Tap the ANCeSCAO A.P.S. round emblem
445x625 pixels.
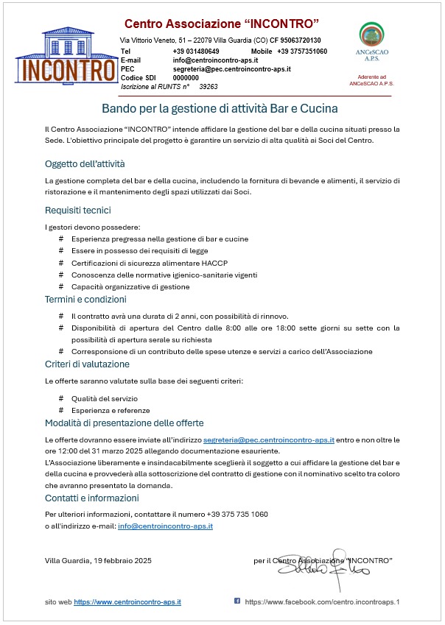point(371,35)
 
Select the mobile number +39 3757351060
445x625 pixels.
point(302,51)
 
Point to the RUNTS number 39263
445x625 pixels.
point(209,86)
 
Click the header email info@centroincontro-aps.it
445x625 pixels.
point(215,60)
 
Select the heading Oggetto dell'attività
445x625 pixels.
point(85,163)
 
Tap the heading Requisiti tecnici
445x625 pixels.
point(78,211)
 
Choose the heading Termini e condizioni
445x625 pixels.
point(85,300)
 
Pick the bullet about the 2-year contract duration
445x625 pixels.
point(174,316)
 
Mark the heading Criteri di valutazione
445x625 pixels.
point(87,364)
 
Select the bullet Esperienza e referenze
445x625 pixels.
point(110,410)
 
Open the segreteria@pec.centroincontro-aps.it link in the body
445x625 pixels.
point(268,439)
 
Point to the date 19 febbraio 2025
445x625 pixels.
point(122,561)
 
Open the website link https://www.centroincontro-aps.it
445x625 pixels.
point(127,602)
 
